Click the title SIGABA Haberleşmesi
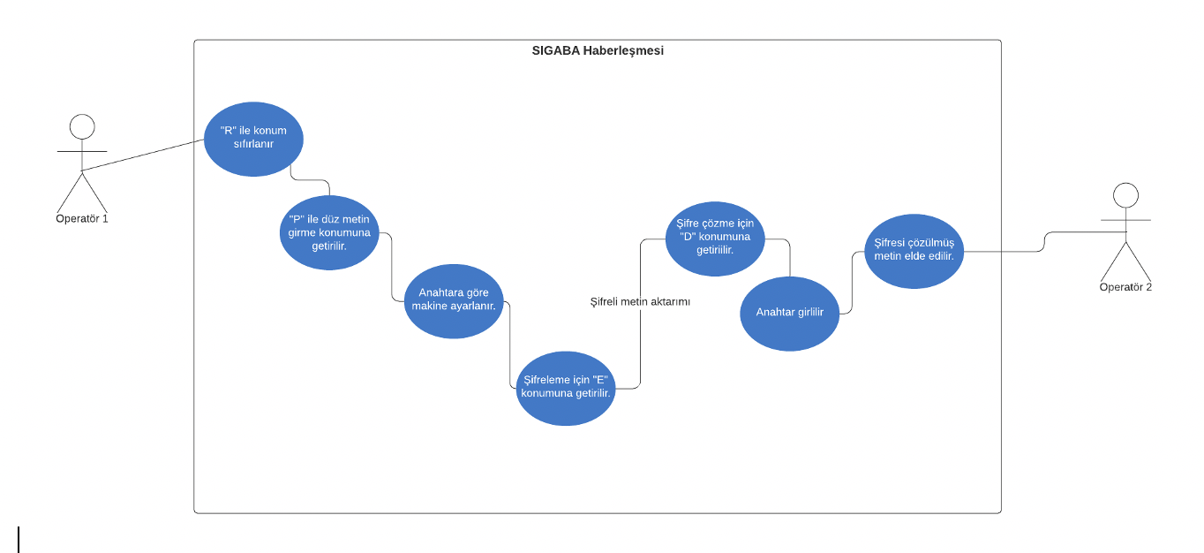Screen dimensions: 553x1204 coord(598,51)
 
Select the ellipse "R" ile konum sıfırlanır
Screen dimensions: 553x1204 coord(253,139)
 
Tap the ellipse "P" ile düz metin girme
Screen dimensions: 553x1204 coord(329,232)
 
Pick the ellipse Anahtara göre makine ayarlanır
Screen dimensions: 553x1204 coord(454,300)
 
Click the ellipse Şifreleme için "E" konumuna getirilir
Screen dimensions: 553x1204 coord(566,388)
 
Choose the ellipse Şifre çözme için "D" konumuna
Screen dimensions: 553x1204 coord(715,238)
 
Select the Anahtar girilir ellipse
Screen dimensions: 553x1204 coord(789,313)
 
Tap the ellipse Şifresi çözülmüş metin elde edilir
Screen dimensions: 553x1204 coord(914,250)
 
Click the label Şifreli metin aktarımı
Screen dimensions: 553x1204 coord(640,302)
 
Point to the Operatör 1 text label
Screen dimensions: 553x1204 coord(82,218)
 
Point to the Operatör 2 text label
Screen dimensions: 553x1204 coord(1125,287)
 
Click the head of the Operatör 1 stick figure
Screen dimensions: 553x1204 coord(82,126)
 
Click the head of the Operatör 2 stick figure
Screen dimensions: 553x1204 coord(1125,195)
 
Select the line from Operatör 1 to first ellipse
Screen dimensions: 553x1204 coord(141,155)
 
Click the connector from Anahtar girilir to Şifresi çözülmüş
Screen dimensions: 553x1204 coord(852,283)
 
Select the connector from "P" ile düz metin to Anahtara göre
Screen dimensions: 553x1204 coord(391,265)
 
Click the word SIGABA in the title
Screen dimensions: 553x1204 coord(556,51)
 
